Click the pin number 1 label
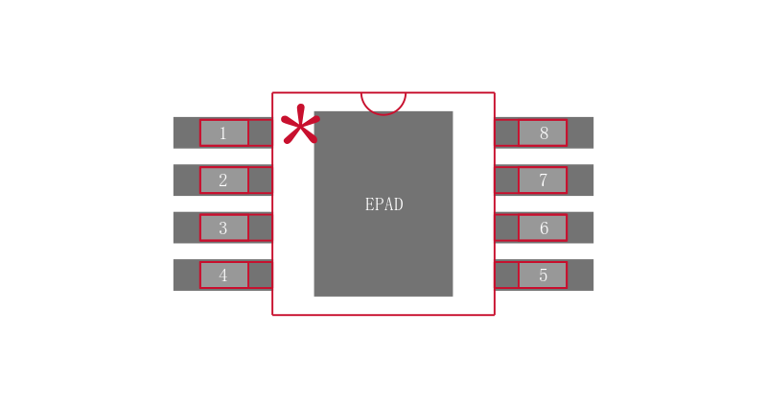(x=223, y=133)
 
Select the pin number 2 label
(x=223, y=180)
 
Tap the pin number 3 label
(x=223, y=228)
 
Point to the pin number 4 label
(x=223, y=275)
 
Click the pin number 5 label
(x=543, y=275)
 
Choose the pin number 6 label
(x=543, y=228)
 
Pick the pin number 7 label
(x=543, y=180)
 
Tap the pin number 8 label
(x=543, y=133)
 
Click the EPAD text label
(x=383, y=204)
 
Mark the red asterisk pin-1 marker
(x=299, y=126)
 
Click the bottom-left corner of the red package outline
(x=273, y=314)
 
